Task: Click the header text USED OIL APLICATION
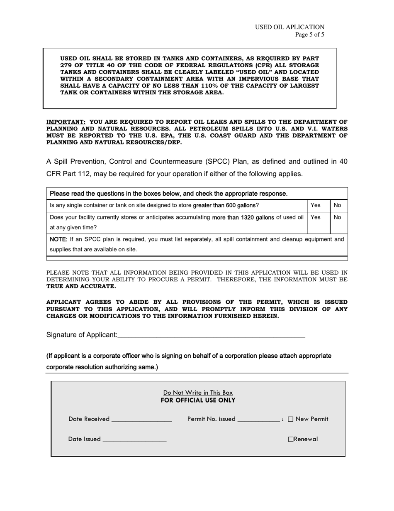289,27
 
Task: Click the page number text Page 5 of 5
309,35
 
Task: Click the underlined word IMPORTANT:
66,122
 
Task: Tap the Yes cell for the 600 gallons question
318,205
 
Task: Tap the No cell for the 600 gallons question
338,205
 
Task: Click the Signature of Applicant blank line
211,335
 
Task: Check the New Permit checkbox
290,419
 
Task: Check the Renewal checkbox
291,439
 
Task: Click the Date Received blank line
141,420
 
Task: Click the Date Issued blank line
134,440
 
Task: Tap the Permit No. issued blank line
259,420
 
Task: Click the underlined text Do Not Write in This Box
198,393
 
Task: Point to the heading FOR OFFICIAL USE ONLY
198,400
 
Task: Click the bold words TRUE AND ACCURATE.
81,286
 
